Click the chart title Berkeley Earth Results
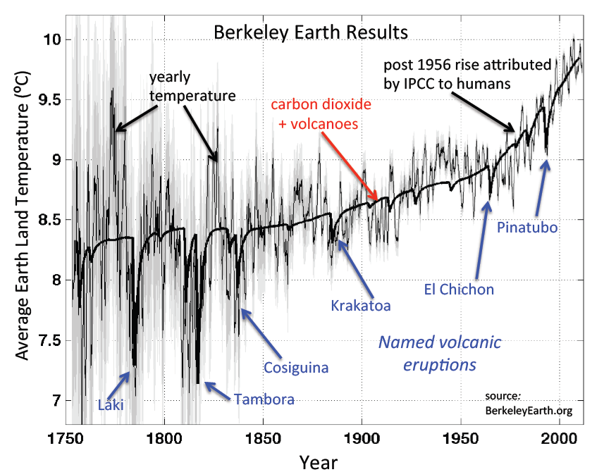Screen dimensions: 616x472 (311, 32)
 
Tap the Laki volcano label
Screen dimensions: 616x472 (111, 404)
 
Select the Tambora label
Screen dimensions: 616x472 (264, 399)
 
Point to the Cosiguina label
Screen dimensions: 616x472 (296, 368)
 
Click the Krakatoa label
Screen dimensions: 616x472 (361, 306)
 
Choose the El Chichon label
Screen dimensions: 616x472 (459, 290)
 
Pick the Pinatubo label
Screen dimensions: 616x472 (527, 228)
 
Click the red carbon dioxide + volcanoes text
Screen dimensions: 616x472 (321, 114)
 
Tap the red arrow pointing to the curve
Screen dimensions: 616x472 (350, 166)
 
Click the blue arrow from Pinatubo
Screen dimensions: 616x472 (542, 187)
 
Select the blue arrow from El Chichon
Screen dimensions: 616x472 (483, 240)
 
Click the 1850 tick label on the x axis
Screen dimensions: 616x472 (262, 439)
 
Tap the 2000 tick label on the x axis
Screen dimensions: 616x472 (559, 439)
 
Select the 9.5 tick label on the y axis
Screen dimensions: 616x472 (49, 100)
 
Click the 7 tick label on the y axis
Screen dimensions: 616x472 (56, 401)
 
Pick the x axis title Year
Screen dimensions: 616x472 (318, 462)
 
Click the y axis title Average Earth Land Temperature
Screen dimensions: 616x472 (23, 215)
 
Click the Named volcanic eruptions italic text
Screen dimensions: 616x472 (440, 354)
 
